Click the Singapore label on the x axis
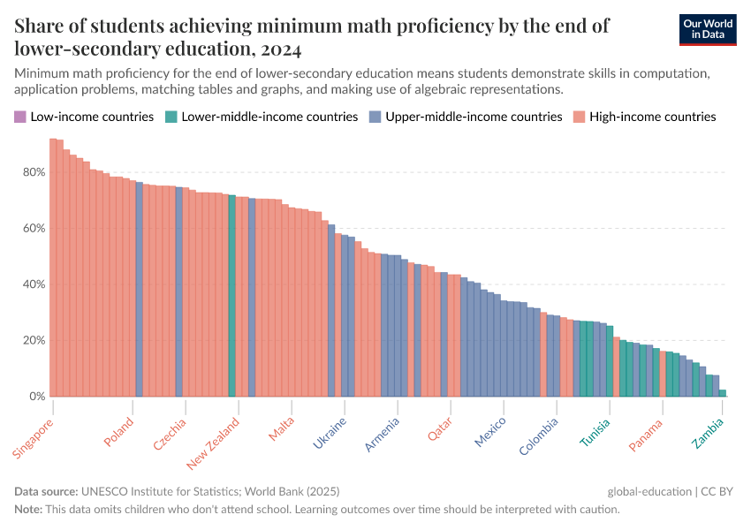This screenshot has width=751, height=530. pos(34,438)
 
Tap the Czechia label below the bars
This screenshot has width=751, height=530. pos(171,433)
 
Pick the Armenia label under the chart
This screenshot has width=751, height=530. pos(383,434)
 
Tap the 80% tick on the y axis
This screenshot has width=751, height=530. pos(34,171)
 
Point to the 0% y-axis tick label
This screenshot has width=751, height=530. pos(37,397)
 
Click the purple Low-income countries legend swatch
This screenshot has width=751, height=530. pos(20,117)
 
